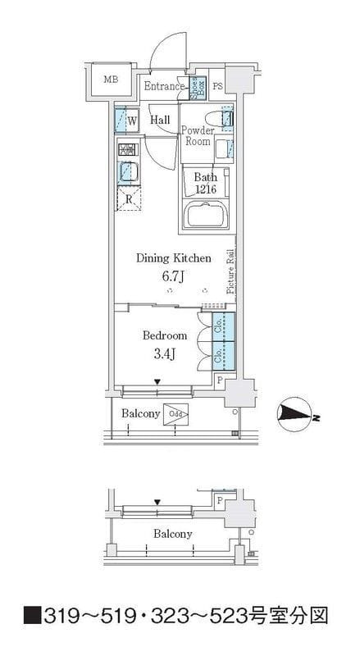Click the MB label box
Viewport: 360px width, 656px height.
coord(110,80)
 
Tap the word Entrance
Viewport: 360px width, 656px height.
coord(165,86)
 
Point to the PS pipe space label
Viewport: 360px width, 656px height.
coord(218,86)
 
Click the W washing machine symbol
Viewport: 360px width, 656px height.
coord(128,121)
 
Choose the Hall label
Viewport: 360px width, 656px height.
coord(160,120)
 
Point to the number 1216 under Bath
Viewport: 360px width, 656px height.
coord(205,189)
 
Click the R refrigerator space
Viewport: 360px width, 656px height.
coord(129,198)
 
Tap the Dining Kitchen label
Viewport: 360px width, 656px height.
coord(173,257)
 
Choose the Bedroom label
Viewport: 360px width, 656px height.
coord(165,335)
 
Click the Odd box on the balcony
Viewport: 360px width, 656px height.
coord(175,414)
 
